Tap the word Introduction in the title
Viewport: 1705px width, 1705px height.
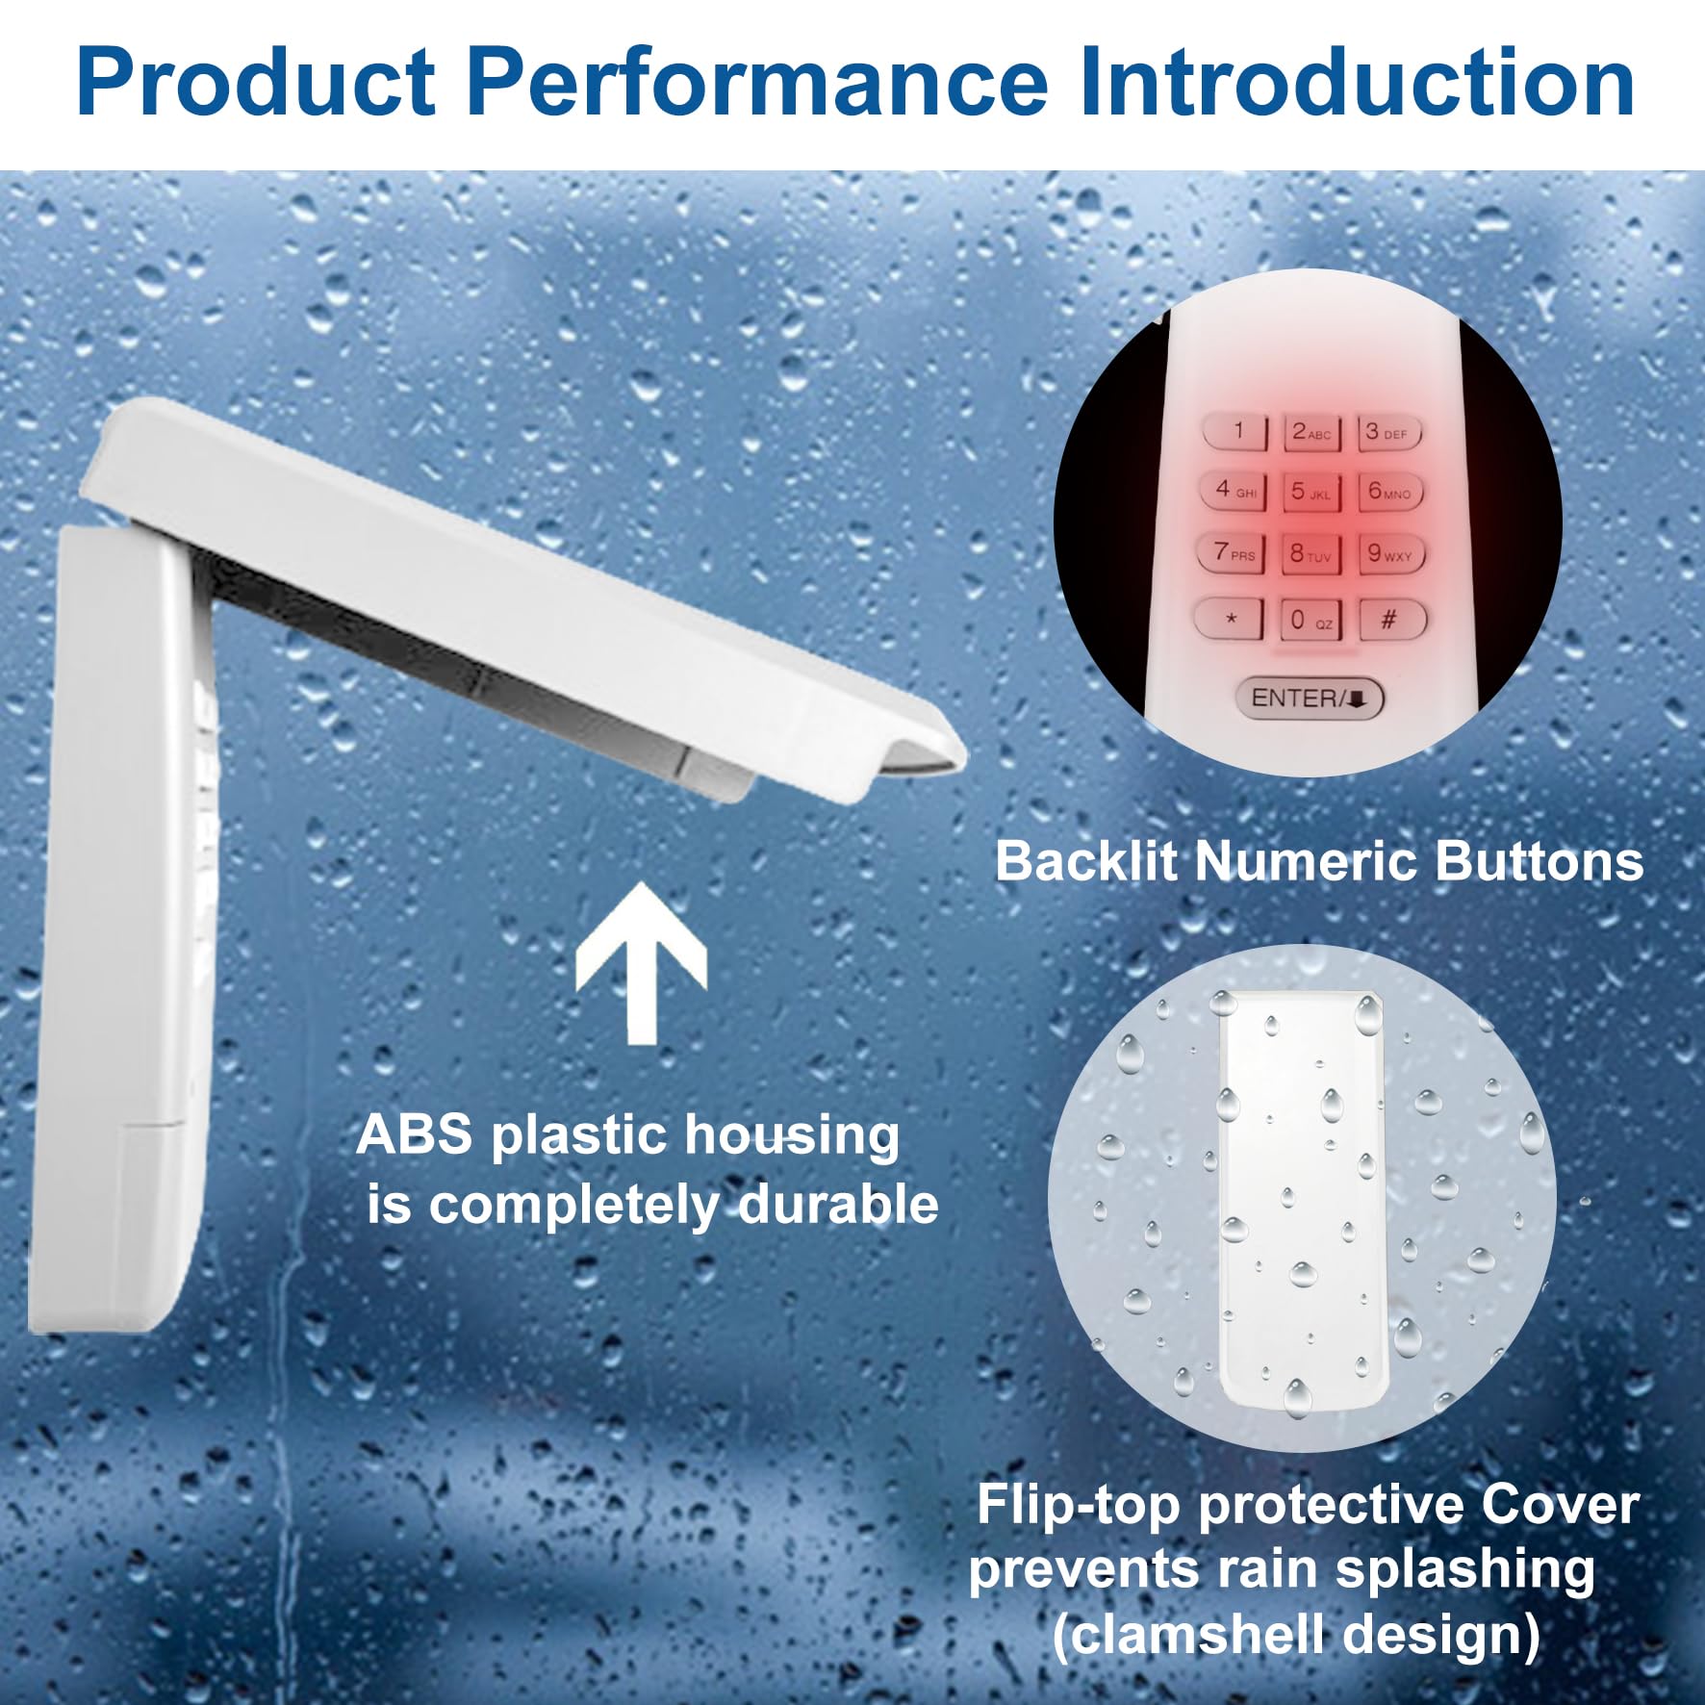[1357, 82]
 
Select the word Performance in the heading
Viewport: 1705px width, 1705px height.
[757, 83]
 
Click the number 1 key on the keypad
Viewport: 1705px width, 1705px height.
[1236, 431]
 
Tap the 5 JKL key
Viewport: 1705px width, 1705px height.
[1311, 492]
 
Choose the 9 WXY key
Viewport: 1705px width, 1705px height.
[1390, 553]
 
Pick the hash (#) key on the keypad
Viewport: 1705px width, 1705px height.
[1391, 619]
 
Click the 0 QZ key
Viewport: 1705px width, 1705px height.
[1311, 620]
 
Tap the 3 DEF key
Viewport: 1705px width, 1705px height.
[1388, 433]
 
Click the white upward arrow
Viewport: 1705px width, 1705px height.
[642, 963]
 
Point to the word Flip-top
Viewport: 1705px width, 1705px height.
[1079, 1506]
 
